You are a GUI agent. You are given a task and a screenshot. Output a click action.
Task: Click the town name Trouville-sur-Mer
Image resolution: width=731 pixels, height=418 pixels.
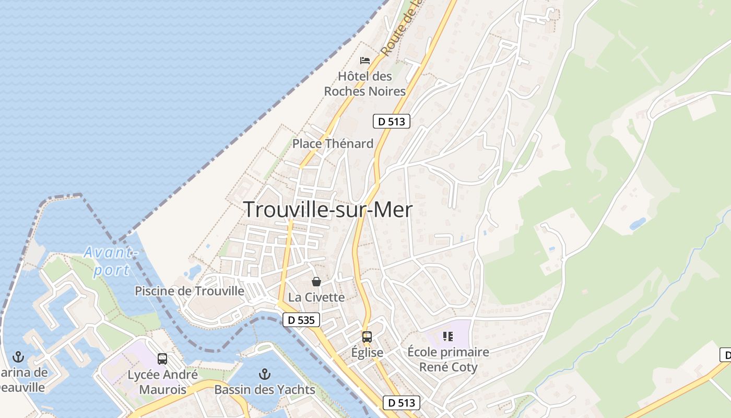coord(328,210)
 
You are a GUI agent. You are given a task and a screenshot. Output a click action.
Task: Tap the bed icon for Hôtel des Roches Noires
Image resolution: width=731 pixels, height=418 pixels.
coord(365,61)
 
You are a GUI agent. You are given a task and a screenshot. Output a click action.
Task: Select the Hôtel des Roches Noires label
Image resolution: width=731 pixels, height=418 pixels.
coord(365,84)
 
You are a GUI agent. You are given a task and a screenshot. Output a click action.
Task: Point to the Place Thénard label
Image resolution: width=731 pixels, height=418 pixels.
coord(333,143)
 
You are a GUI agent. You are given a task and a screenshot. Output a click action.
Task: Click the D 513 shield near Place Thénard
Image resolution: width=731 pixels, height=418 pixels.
coord(392,121)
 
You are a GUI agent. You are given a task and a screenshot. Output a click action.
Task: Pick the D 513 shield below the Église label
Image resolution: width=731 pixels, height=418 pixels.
coord(402,402)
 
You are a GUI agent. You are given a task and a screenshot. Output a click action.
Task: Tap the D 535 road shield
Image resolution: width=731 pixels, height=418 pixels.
coord(301,320)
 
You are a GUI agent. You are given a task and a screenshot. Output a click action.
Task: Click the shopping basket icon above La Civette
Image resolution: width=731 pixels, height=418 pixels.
coord(316,282)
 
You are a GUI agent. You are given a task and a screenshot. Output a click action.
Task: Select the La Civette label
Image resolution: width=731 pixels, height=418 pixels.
coord(316,297)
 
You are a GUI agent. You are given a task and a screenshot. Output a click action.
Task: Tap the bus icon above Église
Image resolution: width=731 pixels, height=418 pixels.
coord(367,337)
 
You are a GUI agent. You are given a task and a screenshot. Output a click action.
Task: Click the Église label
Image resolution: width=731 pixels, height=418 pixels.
coord(367,352)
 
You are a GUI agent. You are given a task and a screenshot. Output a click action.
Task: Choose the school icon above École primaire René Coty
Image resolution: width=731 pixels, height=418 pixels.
coord(447,336)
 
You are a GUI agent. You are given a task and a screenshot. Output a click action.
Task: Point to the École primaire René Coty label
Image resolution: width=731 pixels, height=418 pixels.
coord(448,359)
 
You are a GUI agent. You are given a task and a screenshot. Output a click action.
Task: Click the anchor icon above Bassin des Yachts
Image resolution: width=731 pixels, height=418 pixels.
coord(265,374)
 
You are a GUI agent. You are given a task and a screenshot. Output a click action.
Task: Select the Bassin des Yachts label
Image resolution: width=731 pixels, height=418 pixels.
coord(265,389)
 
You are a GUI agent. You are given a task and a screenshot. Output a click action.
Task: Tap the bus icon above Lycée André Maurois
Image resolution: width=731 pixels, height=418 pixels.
coord(162,359)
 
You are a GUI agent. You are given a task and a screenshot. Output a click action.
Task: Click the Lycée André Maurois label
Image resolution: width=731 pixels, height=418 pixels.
coord(162,382)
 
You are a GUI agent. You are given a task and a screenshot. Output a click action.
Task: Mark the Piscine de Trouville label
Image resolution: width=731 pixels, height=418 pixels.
coord(190,291)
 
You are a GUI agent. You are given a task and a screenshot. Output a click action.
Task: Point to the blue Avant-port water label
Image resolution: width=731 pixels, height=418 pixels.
coord(111,261)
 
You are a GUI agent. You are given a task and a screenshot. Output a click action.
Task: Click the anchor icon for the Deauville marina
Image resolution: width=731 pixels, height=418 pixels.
coord(18,357)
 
